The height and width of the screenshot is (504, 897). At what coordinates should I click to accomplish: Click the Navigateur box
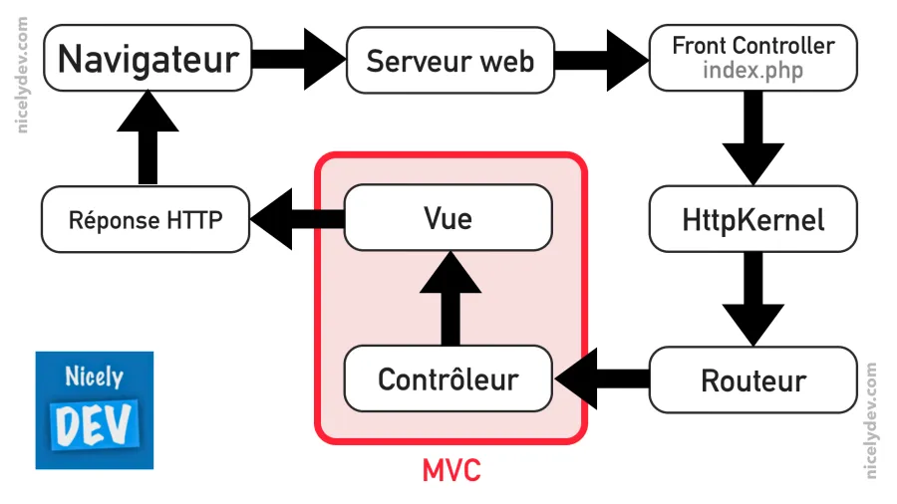pos(148,59)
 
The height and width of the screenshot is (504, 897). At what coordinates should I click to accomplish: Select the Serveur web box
pos(449,61)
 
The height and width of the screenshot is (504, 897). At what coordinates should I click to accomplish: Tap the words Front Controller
pos(752,46)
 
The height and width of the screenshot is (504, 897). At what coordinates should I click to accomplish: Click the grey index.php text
pos(752,72)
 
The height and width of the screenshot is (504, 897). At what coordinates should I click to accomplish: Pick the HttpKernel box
pos(753,218)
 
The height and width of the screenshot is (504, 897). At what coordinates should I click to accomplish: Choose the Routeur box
pos(753,379)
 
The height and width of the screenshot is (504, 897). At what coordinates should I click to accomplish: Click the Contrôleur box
pos(448,378)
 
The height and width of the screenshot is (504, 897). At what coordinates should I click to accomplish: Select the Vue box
pos(448,217)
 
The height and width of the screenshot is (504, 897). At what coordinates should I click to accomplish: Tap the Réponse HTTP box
pos(146,219)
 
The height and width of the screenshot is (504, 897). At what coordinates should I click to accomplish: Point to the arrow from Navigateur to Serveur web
pos(296,60)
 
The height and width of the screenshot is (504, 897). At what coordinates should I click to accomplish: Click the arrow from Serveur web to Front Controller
pos(598,60)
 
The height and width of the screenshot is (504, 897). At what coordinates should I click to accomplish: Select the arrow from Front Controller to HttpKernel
pos(753,135)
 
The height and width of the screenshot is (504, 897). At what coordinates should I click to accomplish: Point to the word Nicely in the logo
pos(94,378)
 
